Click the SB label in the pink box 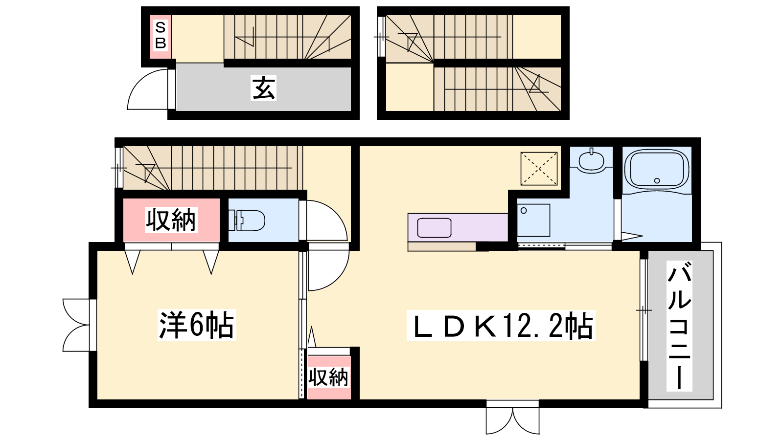(x=161, y=35)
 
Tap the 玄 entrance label (x=263, y=88)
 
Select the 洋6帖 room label (x=196, y=325)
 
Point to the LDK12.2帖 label (x=501, y=325)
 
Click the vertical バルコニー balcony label (x=679, y=326)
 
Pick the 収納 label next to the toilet (x=171, y=220)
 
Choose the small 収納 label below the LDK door (x=328, y=377)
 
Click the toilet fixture (x=247, y=220)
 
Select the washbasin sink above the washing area (x=591, y=160)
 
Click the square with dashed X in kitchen (x=539, y=169)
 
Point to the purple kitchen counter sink (x=434, y=228)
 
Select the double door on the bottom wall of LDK (x=512, y=417)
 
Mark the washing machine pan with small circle (x=533, y=220)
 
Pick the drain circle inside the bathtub (x=657, y=180)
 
